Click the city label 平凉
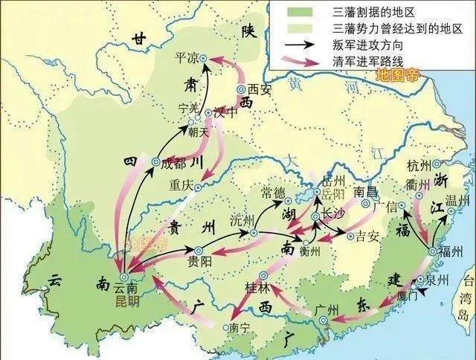pos(187,57)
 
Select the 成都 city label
pos(175,164)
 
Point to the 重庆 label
pos(181,184)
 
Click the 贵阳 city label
pos(199,262)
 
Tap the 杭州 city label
pos(419,164)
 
